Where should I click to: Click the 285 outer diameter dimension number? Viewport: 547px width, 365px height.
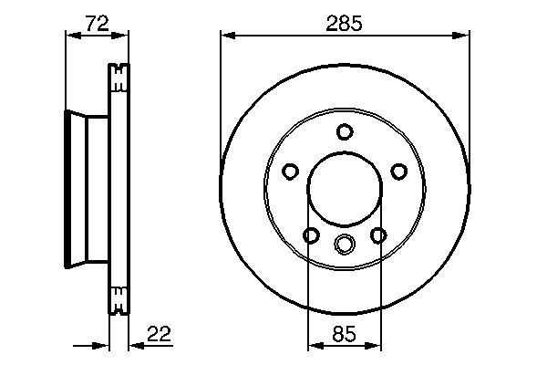click(x=345, y=25)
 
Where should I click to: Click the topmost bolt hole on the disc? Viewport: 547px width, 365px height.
click(x=344, y=131)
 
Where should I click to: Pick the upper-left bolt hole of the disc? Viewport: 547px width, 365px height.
click(x=290, y=171)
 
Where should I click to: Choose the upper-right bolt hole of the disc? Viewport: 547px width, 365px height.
click(x=397, y=171)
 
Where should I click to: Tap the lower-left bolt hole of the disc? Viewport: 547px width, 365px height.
click(x=310, y=236)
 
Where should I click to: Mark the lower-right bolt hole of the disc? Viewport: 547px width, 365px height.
click(x=377, y=236)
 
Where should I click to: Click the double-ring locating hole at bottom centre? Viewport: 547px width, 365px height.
click(x=344, y=244)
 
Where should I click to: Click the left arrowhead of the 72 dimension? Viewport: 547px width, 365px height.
click(x=70, y=36)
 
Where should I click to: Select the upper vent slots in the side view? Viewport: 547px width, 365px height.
click(x=119, y=78)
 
